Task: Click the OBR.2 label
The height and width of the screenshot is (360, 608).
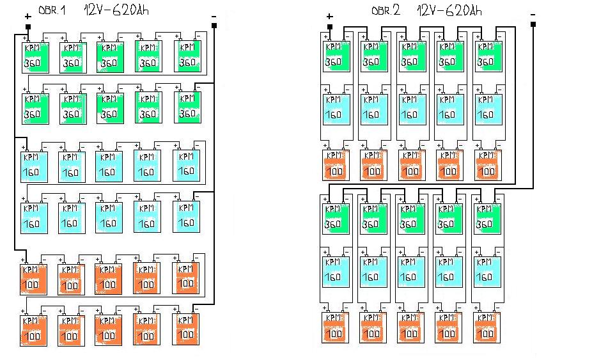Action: [386, 11]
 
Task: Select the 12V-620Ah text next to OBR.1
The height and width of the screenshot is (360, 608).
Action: [113, 10]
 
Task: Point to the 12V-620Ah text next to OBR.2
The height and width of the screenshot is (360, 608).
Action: [448, 11]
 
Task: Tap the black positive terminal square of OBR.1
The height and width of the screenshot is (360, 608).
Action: [28, 26]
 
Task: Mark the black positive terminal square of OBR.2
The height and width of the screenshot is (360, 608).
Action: [329, 27]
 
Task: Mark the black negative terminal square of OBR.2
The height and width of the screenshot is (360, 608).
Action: [533, 24]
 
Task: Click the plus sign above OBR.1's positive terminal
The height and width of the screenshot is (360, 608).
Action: [27, 17]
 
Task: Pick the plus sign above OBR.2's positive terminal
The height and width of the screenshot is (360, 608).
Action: [329, 17]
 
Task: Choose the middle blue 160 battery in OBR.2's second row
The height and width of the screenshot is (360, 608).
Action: [410, 109]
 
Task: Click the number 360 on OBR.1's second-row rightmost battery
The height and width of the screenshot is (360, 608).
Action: [187, 113]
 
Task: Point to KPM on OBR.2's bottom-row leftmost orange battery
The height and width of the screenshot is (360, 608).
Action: [334, 318]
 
